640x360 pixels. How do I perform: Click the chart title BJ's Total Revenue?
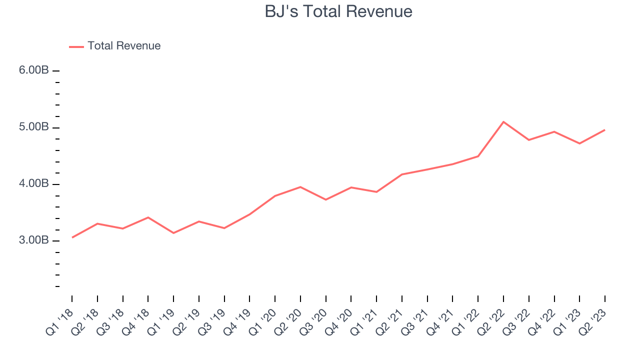pyautogui.click(x=338, y=11)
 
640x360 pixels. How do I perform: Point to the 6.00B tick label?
pyautogui.click(x=34, y=70)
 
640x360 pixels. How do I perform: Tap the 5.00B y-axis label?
pyautogui.click(x=34, y=127)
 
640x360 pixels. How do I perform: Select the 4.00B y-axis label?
pyautogui.click(x=34, y=184)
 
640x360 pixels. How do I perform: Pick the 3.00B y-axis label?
pyautogui.click(x=34, y=240)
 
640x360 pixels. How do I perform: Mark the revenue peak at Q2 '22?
pyautogui.click(x=503, y=121)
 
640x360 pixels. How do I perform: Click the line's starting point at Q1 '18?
pyautogui.click(x=72, y=237)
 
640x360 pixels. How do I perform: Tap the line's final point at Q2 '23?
pyautogui.click(x=605, y=130)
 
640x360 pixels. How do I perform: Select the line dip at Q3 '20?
pyautogui.click(x=326, y=199)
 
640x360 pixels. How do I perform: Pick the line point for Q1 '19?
pyautogui.click(x=173, y=233)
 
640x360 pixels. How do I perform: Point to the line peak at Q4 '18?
pyautogui.click(x=148, y=217)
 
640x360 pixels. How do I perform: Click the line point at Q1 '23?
pyautogui.click(x=579, y=143)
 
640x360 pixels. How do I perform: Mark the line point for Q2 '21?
pyautogui.click(x=402, y=174)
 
